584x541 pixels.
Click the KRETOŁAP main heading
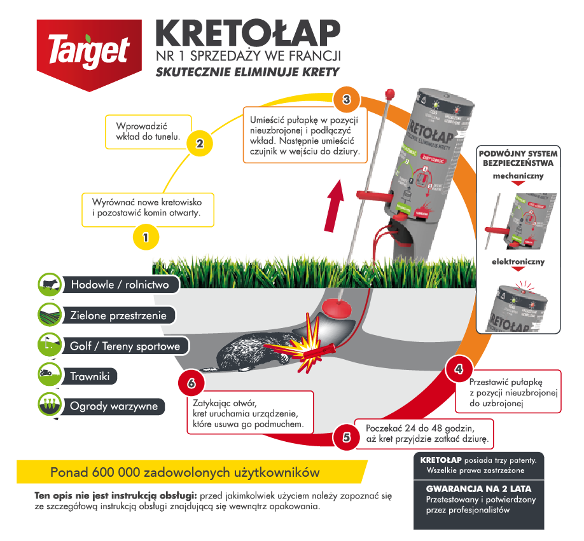247,32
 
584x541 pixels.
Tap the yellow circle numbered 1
146,238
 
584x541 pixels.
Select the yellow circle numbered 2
199,144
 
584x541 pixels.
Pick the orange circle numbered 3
347,100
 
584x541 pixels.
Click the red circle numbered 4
459,369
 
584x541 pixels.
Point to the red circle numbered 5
347,437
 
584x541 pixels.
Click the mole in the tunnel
248,353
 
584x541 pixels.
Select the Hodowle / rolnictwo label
120,285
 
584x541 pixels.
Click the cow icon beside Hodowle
48,284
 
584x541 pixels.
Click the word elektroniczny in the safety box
518,261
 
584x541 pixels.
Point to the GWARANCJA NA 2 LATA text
478,490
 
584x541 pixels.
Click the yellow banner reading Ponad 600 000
184,473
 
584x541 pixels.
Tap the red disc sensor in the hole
338,309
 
